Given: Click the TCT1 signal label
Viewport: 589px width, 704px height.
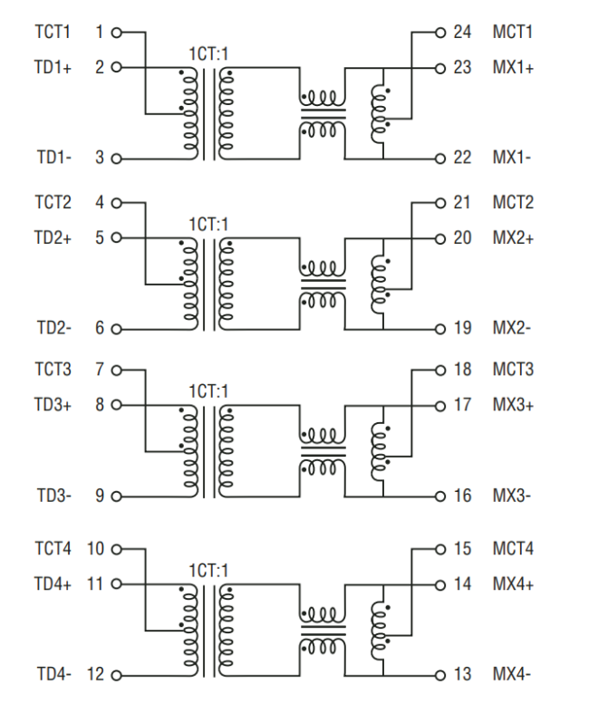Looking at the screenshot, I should (53, 33).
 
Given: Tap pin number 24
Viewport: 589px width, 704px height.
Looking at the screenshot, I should (462, 33).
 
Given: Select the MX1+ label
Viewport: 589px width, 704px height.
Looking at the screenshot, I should (513, 67).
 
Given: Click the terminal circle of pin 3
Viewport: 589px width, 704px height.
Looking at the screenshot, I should (115, 159).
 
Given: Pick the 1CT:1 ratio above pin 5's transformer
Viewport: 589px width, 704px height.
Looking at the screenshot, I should (208, 223).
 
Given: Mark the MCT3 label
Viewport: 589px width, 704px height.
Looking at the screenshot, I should (513, 370).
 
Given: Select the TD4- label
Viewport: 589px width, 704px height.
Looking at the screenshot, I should (53, 673).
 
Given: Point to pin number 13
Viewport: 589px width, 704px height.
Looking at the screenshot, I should (462, 673).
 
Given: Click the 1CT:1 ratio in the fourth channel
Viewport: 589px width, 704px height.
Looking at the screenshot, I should (208, 569).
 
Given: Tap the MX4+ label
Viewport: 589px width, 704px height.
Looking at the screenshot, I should (513, 584).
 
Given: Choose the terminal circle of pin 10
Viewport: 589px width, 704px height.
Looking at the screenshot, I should (115, 549).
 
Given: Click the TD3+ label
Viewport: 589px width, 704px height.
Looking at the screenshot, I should (53, 405).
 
